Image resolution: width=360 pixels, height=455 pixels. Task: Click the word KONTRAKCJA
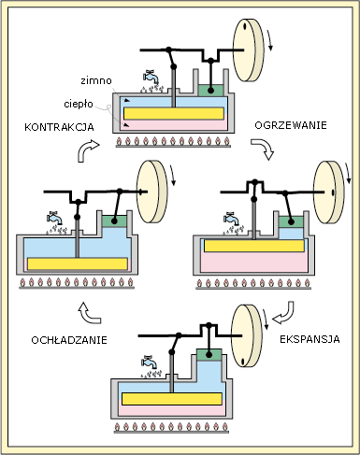(x=59, y=127)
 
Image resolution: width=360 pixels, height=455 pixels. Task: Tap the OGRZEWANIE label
(x=291, y=125)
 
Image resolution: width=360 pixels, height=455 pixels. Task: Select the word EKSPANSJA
(x=310, y=339)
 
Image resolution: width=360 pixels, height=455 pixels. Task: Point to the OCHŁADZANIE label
(x=69, y=340)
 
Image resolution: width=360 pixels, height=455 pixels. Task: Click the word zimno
(x=96, y=80)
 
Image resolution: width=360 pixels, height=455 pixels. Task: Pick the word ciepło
(x=79, y=104)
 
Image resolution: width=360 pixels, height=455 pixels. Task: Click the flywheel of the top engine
(x=249, y=50)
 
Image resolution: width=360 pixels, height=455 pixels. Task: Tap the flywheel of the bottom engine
(x=247, y=335)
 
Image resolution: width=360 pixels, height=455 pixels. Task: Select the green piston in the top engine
(x=210, y=91)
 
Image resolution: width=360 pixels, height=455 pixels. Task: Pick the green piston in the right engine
(x=291, y=221)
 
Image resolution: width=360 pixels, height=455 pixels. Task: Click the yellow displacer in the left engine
(x=78, y=263)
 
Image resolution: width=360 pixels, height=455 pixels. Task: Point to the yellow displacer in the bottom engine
(x=172, y=399)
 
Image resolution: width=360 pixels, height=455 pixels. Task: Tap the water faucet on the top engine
(x=151, y=77)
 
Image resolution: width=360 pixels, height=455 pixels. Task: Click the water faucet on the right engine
(x=232, y=219)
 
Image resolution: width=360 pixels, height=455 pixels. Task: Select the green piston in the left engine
(x=114, y=221)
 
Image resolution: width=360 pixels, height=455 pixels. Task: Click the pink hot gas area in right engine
(x=254, y=263)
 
